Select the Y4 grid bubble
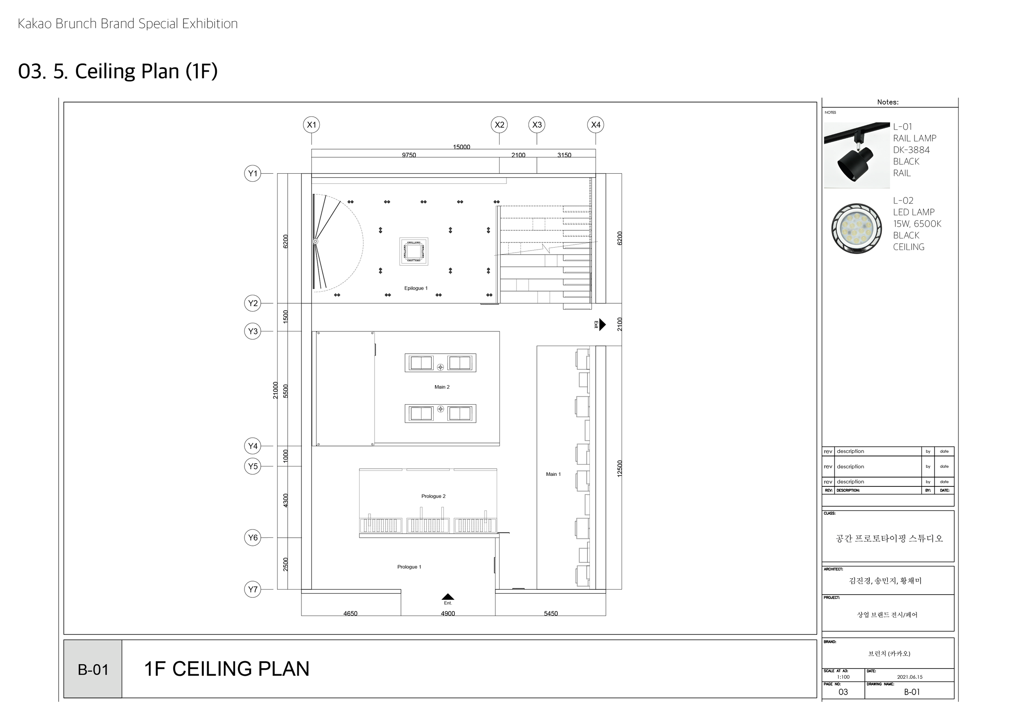(253, 446)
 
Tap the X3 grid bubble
(537, 125)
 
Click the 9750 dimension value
(409, 155)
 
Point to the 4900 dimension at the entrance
(448, 613)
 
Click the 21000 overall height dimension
(275, 390)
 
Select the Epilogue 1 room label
(415, 288)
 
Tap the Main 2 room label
(442, 387)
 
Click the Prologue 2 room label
(433, 496)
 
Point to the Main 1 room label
(553, 474)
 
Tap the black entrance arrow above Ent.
(448, 597)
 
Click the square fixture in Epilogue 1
(414, 251)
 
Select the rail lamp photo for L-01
(857, 155)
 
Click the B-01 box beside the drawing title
(93, 669)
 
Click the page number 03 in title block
(843, 692)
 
